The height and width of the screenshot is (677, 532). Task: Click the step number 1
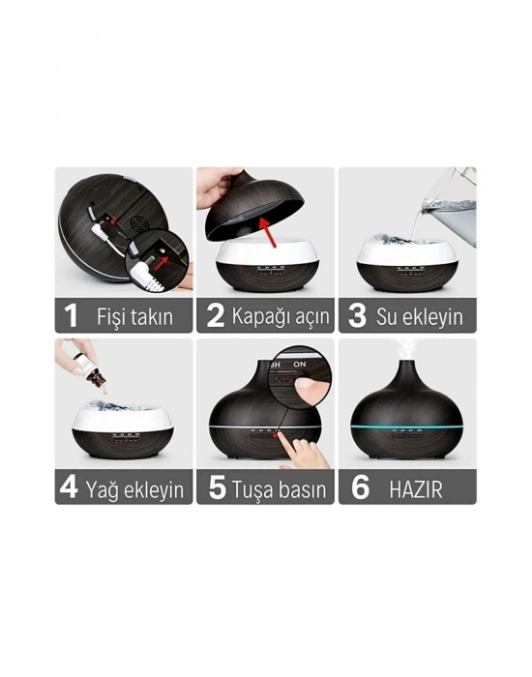[70, 315]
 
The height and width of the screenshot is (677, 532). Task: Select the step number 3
[356, 315]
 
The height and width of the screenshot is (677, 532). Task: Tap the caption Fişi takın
[135, 316]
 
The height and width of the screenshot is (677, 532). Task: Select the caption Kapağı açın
[281, 316]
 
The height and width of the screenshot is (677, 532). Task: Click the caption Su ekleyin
[421, 316]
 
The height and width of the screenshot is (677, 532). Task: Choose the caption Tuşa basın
[281, 488]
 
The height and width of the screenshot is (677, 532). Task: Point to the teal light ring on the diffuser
[406, 426]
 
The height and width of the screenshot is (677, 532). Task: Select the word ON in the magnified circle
[300, 365]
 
